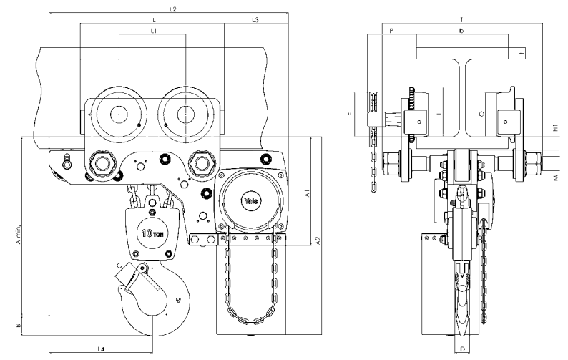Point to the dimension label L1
[x=153, y=31]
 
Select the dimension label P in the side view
[x=391, y=31]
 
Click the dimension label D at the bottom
[x=462, y=349]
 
